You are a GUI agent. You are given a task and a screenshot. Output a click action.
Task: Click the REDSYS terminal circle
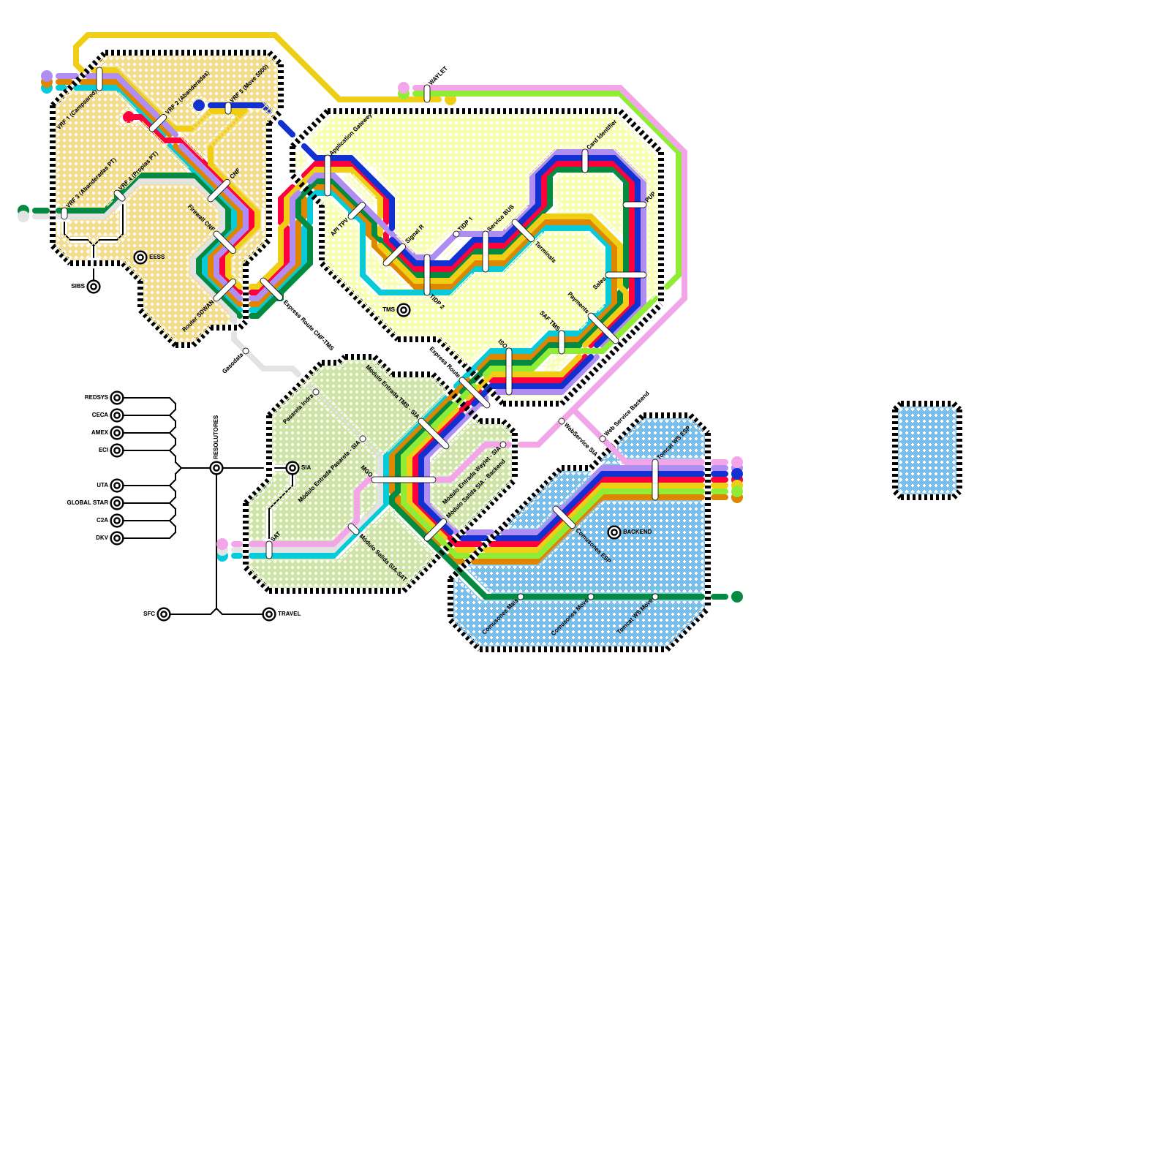[117, 398]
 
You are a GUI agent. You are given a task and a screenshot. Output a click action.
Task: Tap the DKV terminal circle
[117, 538]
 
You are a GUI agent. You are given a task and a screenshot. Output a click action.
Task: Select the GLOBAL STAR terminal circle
[117, 503]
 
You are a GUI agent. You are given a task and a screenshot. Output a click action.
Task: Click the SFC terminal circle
[164, 614]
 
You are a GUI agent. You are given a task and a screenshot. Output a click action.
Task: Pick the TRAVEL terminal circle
[269, 614]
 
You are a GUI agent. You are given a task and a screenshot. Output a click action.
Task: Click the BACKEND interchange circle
[614, 532]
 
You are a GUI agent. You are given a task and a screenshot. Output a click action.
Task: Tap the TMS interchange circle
[404, 310]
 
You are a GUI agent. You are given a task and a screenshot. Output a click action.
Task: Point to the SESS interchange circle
[140, 257]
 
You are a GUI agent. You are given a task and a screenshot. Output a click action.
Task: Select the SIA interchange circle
[292, 468]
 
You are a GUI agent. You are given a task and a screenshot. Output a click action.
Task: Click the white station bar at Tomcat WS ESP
[655, 480]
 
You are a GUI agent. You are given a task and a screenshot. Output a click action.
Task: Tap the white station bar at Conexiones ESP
[564, 517]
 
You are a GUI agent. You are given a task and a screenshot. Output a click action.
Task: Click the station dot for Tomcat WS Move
[655, 597]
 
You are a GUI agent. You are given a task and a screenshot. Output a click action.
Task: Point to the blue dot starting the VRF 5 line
[199, 105]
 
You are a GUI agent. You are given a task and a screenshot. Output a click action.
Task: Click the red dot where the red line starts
[129, 117]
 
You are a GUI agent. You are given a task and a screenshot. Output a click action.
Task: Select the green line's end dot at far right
[737, 597]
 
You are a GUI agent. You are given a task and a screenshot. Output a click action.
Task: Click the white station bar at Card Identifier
[585, 161]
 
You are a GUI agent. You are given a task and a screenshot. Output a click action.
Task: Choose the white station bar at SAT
[269, 550]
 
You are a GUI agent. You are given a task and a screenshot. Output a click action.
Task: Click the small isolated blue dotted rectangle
[927, 450]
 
